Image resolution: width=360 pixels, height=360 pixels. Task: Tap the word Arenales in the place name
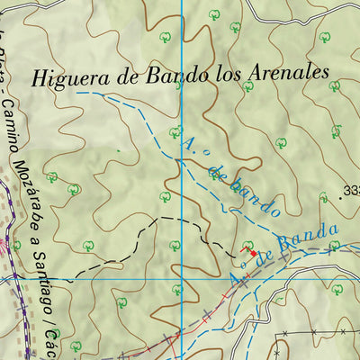(x=283, y=73)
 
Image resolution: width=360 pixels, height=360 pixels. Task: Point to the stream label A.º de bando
(x=230, y=175)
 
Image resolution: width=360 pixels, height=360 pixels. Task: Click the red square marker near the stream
(x=252, y=254)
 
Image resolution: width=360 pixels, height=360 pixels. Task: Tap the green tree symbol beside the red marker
(x=247, y=244)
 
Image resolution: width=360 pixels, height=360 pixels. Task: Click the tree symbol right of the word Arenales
(x=334, y=86)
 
